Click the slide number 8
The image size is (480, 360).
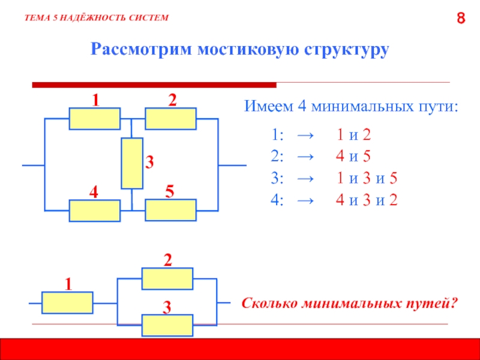(461, 19)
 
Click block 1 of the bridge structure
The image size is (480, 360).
(94, 119)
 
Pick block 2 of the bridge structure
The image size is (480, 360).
(170, 119)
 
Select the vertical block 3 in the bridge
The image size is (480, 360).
(131, 163)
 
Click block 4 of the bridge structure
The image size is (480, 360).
(94, 211)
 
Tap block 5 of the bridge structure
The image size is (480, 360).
(170, 211)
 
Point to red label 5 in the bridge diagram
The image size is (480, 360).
(170, 192)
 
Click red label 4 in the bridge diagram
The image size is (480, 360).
(93, 193)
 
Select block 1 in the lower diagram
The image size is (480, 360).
(67, 302)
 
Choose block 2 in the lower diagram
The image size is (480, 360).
(167, 278)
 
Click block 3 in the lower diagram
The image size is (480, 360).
(167, 326)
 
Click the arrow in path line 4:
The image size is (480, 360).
(304, 200)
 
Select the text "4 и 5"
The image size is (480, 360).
(353, 157)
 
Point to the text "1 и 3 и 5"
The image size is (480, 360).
(367, 179)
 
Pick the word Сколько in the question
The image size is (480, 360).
(266, 304)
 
